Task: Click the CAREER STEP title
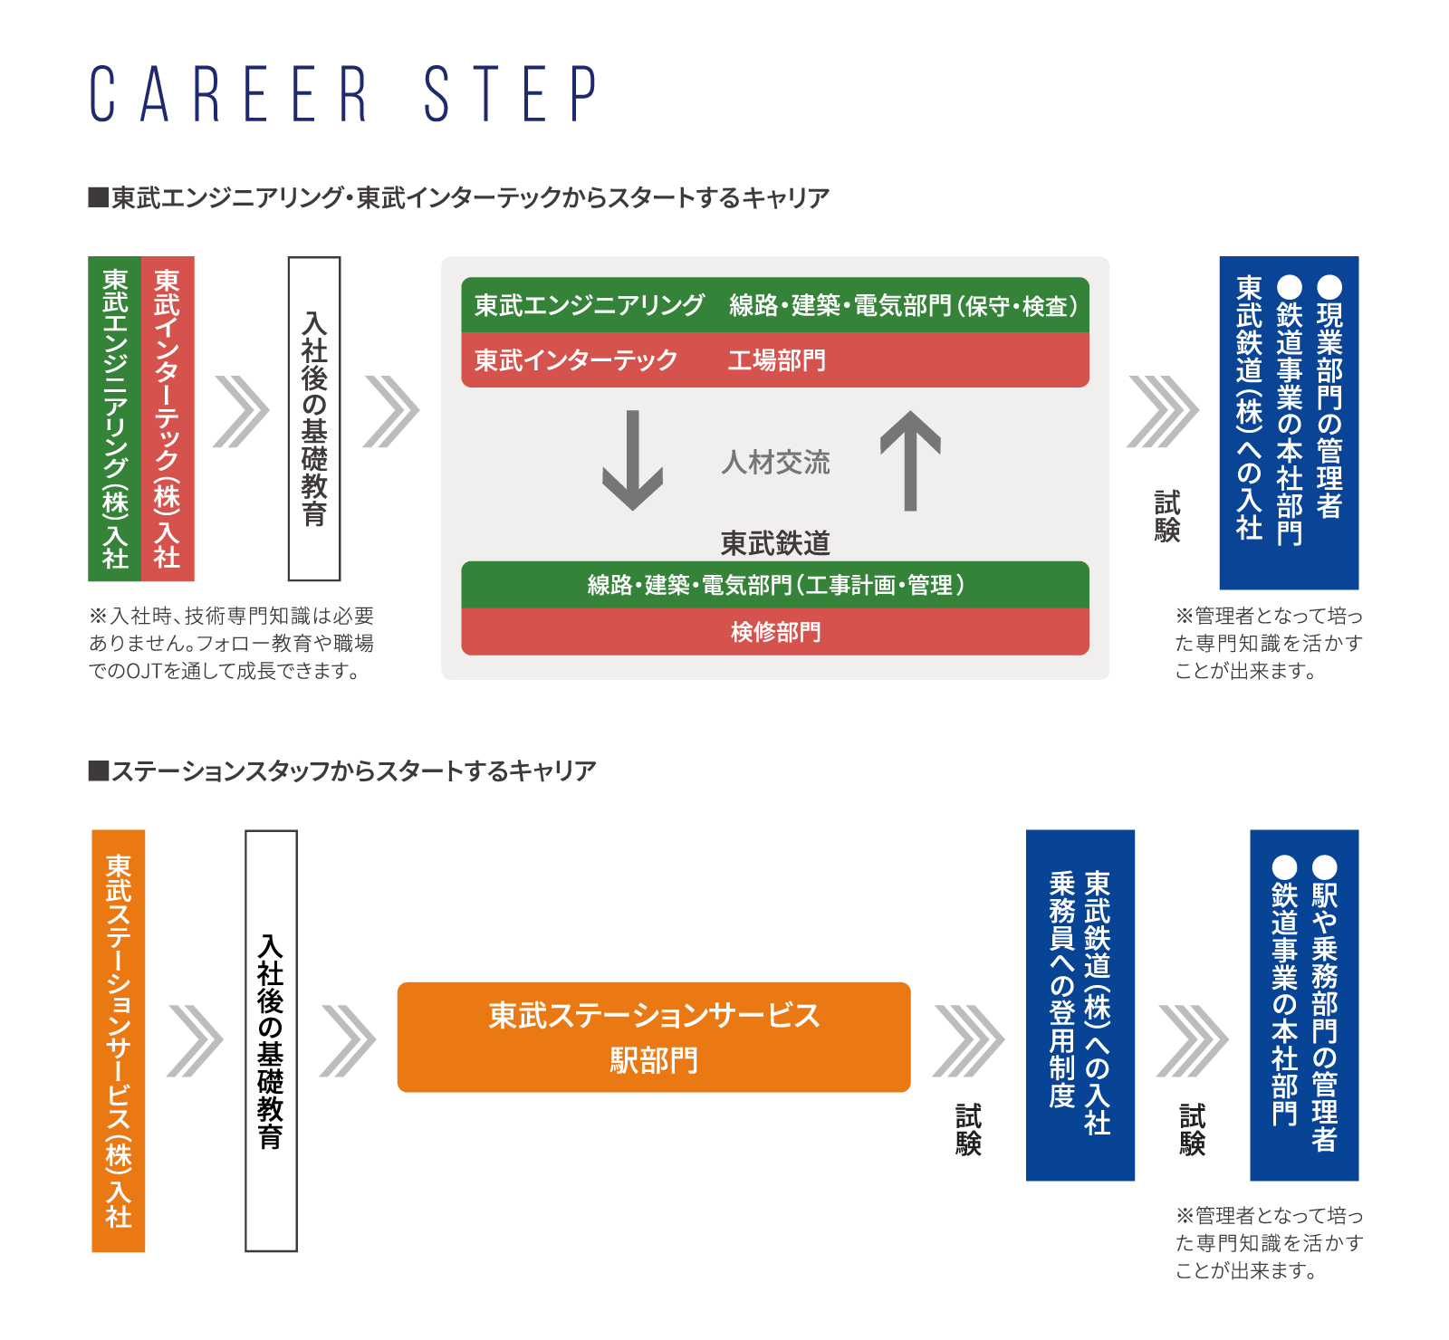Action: [x=344, y=94]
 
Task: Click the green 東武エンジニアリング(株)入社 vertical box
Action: [x=115, y=418]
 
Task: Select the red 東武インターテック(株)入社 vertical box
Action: [x=168, y=418]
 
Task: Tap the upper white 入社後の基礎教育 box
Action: [x=314, y=418]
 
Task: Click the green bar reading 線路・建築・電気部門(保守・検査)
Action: [x=775, y=305]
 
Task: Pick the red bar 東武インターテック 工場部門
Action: [x=775, y=360]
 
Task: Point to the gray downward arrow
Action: [x=633, y=460]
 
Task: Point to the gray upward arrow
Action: [x=910, y=460]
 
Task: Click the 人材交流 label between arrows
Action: [x=775, y=463]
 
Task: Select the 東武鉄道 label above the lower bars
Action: [x=775, y=543]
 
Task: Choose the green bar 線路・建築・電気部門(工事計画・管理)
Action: [x=775, y=585]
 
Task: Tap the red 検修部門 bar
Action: [x=775, y=631]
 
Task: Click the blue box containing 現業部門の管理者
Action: [x=1289, y=422]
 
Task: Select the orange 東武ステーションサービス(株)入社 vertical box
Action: [x=119, y=1040]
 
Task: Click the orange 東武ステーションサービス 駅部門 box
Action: [x=654, y=1037]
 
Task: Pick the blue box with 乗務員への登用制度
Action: [x=1080, y=1005]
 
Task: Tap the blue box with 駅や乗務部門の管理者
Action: [x=1304, y=1005]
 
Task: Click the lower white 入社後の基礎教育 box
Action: [x=271, y=1040]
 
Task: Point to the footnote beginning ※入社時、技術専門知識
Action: [x=232, y=643]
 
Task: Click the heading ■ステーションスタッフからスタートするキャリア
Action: [x=342, y=771]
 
